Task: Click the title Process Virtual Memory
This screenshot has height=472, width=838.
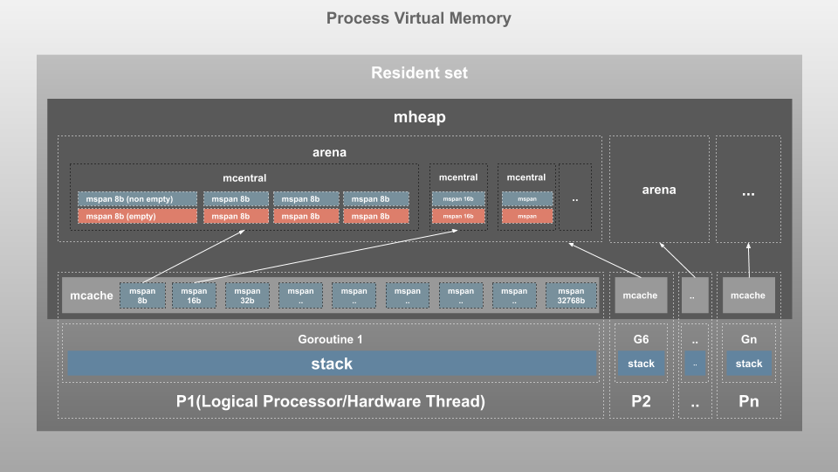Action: click(419, 18)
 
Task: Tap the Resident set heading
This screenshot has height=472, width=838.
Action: click(419, 73)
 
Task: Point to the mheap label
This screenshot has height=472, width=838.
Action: click(419, 117)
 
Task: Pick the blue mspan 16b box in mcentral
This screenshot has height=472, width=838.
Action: click(458, 199)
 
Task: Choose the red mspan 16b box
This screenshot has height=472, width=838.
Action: click(458, 216)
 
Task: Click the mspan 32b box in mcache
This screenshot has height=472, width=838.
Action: click(247, 295)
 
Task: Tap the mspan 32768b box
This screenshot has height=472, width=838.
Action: click(571, 295)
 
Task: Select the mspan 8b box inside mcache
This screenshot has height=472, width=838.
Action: click(141, 295)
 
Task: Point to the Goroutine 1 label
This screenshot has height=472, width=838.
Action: click(331, 339)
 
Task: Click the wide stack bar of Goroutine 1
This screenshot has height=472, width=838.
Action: click(332, 364)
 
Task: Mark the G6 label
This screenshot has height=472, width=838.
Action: click(641, 339)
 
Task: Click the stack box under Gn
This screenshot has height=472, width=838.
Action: click(748, 364)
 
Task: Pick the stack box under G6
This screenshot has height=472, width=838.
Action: click(641, 364)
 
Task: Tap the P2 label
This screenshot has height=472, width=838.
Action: click(641, 402)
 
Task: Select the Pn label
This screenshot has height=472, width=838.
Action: click(748, 402)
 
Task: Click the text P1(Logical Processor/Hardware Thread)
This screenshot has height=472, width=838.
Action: click(331, 402)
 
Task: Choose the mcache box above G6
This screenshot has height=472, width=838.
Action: click(640, 295)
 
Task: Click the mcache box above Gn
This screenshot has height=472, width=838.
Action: click(748, 295)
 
